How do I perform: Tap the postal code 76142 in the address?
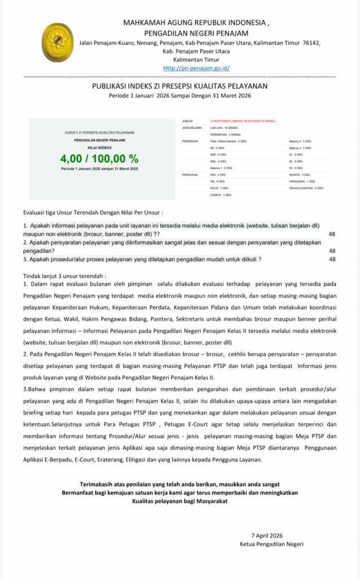click(x=311, y=42)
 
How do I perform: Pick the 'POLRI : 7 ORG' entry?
click(x=219, y=188)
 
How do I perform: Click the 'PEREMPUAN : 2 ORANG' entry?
click(x=225, y=135)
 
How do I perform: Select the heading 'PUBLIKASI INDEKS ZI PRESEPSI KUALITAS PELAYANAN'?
click(x=180, y=86)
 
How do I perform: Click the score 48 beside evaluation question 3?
click(x=332, y=259)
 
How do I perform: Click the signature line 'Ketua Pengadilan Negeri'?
click(x=272, y=544)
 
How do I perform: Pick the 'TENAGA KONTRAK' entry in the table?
click(x=305, y=188)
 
